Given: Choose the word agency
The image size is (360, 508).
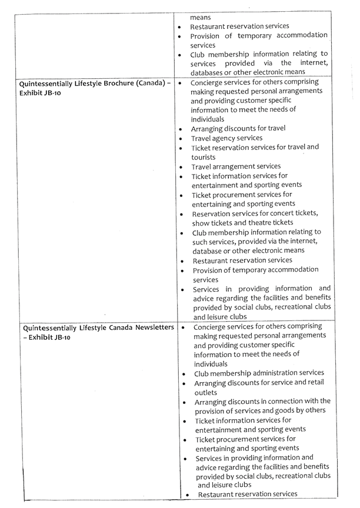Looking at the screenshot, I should tap(226, 138).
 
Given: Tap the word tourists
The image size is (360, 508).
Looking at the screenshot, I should tap(204, 157).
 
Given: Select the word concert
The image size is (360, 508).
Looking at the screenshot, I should tap(282, 213).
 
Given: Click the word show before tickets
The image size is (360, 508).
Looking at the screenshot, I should tap(201, 222).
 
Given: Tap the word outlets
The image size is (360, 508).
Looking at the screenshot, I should tap(206, 392).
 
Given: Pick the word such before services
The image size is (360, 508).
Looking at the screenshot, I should tap(201, 241).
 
